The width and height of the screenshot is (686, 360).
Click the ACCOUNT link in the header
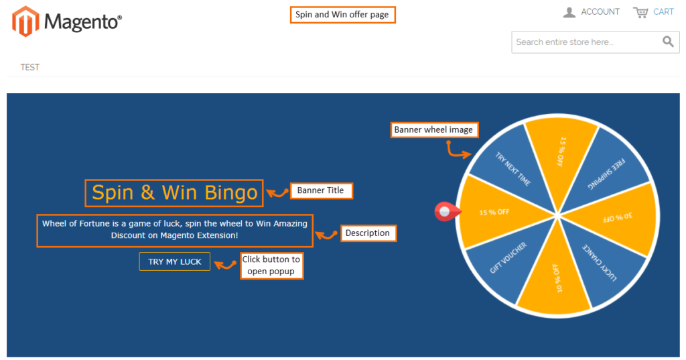600,12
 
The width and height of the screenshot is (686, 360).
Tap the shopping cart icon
641,12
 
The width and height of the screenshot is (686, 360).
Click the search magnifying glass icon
668,42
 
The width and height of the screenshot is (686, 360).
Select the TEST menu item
30,67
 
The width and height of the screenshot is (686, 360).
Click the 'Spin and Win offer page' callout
342,15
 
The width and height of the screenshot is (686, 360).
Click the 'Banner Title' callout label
320,190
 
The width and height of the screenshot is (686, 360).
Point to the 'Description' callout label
368,233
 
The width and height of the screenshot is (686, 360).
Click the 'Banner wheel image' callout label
433,129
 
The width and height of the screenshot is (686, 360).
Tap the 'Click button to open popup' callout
271,265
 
